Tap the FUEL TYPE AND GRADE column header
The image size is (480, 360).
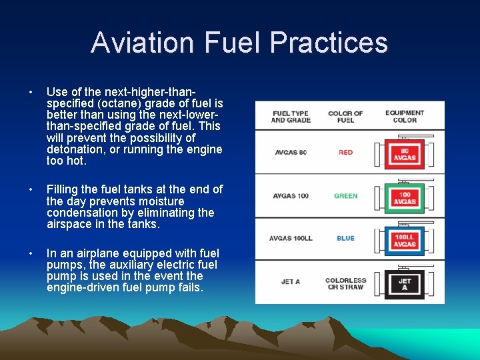point(291,117)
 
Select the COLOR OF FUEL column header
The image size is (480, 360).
point(345,117)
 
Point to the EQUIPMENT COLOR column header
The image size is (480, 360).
point(405,117)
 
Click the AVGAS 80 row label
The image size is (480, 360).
point(291,153)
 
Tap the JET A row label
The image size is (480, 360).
point(291,282)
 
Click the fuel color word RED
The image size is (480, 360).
point(345,153)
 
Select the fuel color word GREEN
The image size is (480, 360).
point(345,196)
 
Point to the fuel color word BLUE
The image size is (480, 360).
point(345,239)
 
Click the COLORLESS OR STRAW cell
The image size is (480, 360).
point(345,283)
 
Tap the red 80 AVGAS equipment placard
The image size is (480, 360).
point(405,154)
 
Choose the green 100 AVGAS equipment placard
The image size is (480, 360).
point(405,197)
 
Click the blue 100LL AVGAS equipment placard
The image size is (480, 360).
point(405,241)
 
